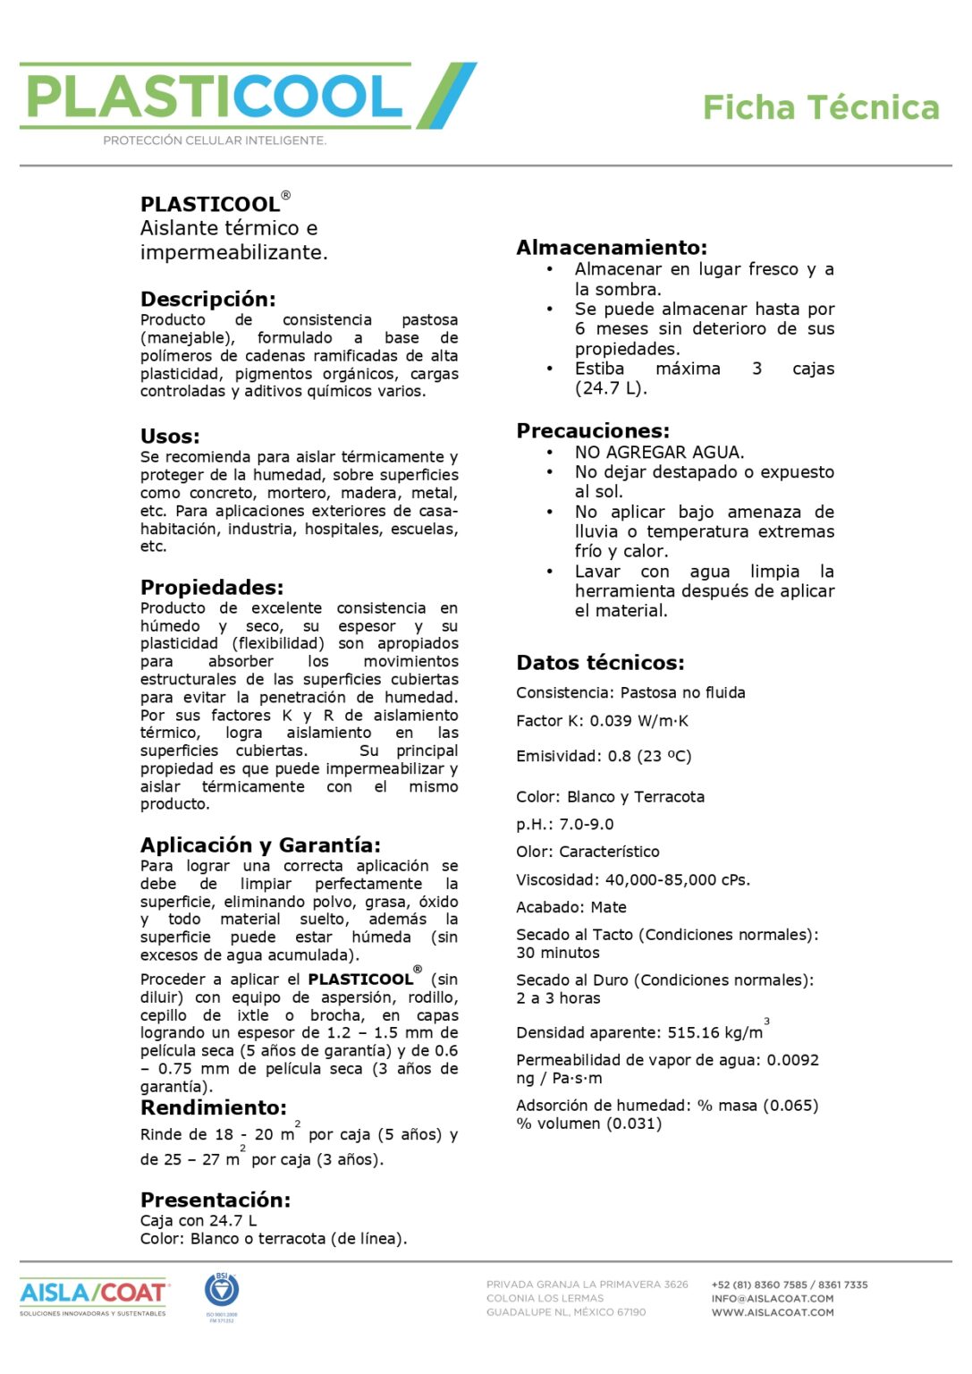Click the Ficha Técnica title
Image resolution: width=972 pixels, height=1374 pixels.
point(820,107)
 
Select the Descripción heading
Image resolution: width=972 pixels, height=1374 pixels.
point(207,299)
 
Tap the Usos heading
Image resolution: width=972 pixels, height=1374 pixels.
point(170,437)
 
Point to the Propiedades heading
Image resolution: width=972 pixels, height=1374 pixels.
point(211,588)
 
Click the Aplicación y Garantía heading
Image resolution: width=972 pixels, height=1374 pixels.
point(260,845)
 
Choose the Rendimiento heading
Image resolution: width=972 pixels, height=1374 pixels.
point(213,1107)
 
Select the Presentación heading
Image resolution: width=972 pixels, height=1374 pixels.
point(216,1200)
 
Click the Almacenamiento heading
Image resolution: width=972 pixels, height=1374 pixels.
point(612,248)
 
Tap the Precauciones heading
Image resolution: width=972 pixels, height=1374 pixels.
point(592,431)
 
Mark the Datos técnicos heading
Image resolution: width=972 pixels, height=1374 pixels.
point(600,663)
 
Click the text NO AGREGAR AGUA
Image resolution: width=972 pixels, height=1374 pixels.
point(659,453)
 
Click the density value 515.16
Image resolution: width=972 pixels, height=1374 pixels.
point(693,1032)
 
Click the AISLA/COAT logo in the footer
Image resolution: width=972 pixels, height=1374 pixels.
point(93,1293)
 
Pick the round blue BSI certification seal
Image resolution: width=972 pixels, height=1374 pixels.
point(222,1291)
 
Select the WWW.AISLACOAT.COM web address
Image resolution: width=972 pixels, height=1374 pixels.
point(772,1312)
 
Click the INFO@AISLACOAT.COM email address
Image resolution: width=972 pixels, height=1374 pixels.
point(772,1299)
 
